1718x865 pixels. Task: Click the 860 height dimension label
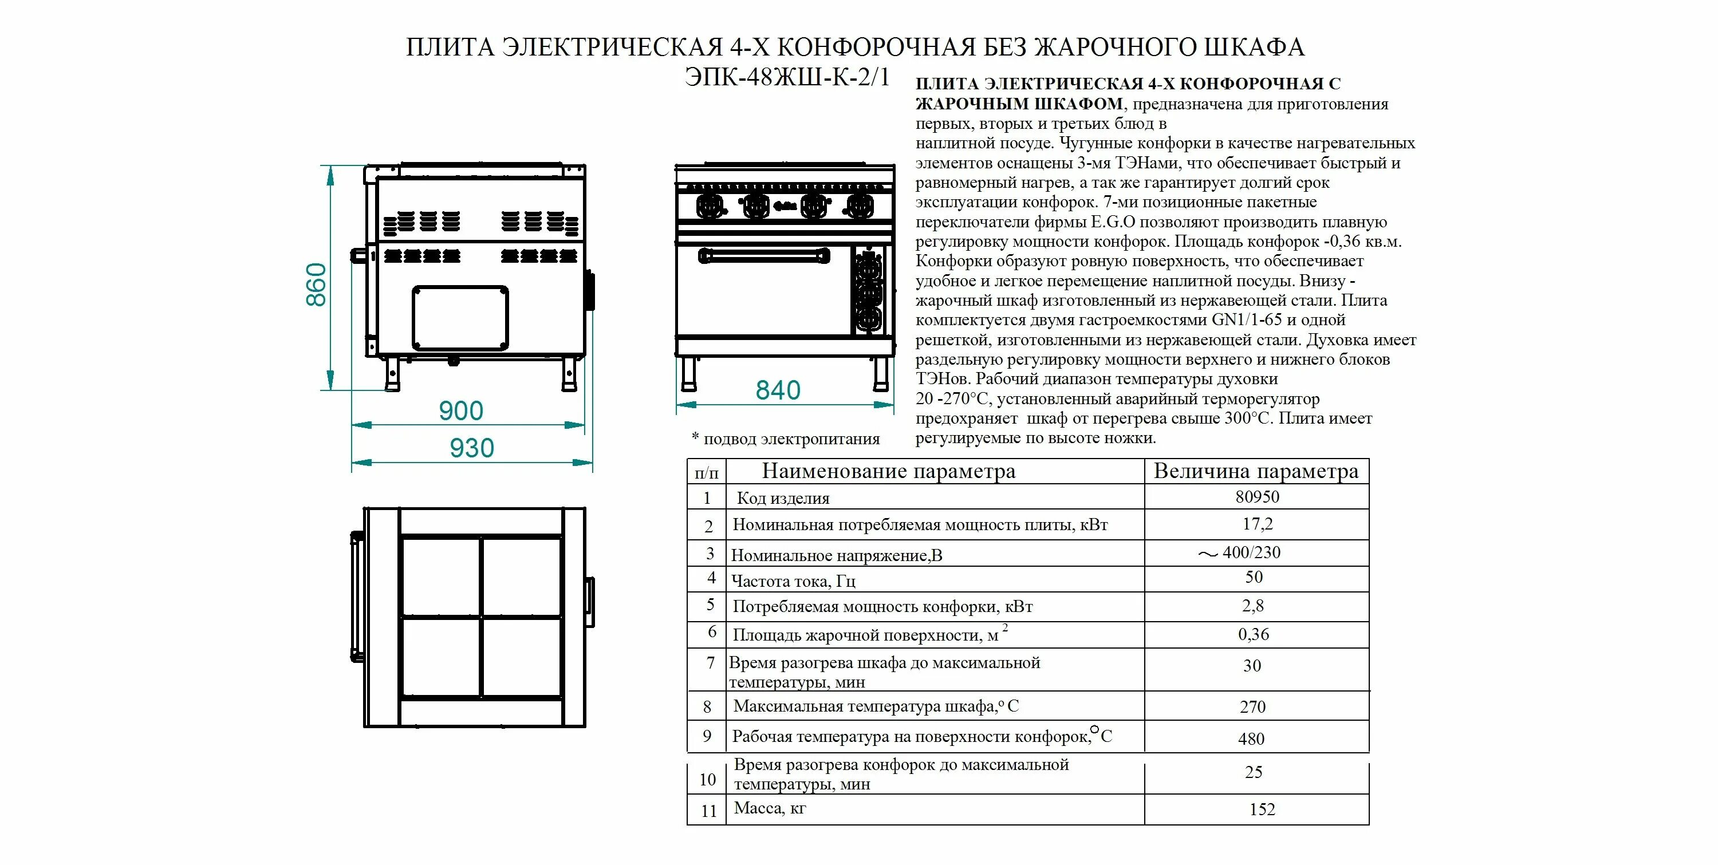316,285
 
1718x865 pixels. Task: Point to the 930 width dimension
471,448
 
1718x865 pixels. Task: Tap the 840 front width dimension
778,390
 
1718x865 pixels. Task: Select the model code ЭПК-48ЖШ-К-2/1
787,78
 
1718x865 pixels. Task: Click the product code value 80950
1257,497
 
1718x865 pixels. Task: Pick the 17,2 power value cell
1257,524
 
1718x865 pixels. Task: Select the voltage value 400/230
1251,553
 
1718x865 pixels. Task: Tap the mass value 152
1262,809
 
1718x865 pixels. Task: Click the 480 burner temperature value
1251,739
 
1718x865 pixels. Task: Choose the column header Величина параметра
1256,472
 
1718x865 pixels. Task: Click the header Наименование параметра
888,472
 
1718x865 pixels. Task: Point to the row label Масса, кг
770,808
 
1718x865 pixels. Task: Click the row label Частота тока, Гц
793,581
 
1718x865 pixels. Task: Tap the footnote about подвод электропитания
786,439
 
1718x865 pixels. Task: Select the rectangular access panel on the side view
460,318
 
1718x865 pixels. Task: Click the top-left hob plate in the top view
440,577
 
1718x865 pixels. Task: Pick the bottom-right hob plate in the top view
522,658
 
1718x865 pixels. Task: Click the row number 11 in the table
708,811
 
